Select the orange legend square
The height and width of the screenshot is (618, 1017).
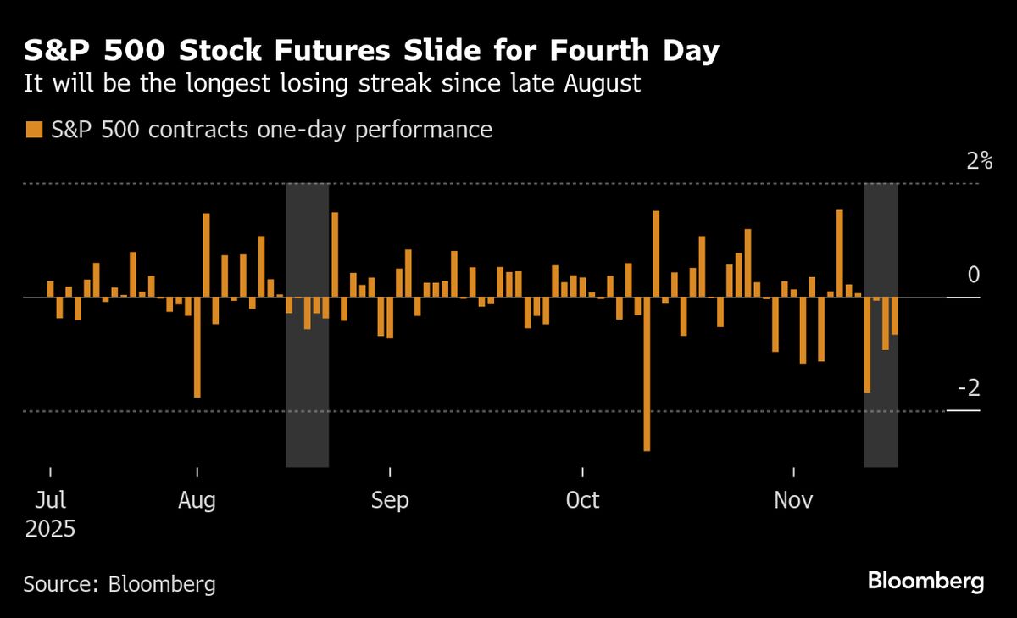click(x=33, y=130)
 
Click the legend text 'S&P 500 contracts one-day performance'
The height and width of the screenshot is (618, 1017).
click(x=271, y=130)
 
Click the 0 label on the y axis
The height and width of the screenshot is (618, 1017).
click(x=973, y=276)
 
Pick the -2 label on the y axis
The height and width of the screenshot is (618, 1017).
click(x=968, y=389)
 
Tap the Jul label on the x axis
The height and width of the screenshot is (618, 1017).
click(x=50, y=500)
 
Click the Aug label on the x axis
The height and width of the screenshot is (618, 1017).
click(x=197, y=500)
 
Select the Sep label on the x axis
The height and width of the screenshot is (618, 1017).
click(x=390, y=500)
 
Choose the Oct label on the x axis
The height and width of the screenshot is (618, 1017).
click(x=582, y=500)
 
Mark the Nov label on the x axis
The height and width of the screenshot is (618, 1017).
click(x=793, y=500)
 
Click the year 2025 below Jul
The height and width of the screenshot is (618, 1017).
click(x=50, y=530)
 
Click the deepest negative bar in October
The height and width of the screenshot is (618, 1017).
click(x=647, y=373)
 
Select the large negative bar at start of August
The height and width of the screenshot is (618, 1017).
click(x=197, y=347)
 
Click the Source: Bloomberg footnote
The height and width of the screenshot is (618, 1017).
click(x=119, y=584)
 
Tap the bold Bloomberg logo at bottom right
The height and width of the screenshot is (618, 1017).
click(x=925, y=582)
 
